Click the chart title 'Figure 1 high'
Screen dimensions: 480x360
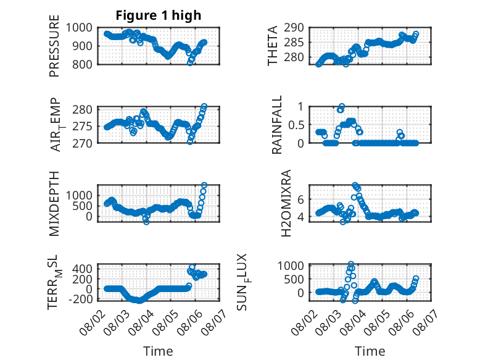pos(159,15)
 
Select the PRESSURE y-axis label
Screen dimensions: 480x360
pos(54,46)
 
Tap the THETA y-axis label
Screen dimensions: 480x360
pos(272,46)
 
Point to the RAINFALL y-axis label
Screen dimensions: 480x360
pos(276,125)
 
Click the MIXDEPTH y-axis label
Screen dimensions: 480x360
pos(54,204)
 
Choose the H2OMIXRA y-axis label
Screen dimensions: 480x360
pos(286,203)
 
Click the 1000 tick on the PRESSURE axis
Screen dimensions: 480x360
pos(79,28)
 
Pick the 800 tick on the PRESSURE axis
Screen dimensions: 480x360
pos(82,64)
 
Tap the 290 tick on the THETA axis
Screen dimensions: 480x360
pos(294,28)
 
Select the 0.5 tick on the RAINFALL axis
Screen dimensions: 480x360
pos(296,125)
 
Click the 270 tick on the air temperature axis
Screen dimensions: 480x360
pos(82,143)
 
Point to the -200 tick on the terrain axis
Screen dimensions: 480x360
pos(80,299)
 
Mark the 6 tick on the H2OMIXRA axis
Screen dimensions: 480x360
pos(300,199)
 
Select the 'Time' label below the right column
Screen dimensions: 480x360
pos(370,351)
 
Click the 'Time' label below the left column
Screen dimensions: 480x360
pos(159,351)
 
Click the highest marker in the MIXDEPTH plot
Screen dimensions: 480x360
pos(204,185)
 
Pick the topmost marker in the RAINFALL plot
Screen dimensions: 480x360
pos(342,106)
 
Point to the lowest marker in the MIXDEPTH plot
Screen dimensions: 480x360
pos(146,222)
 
